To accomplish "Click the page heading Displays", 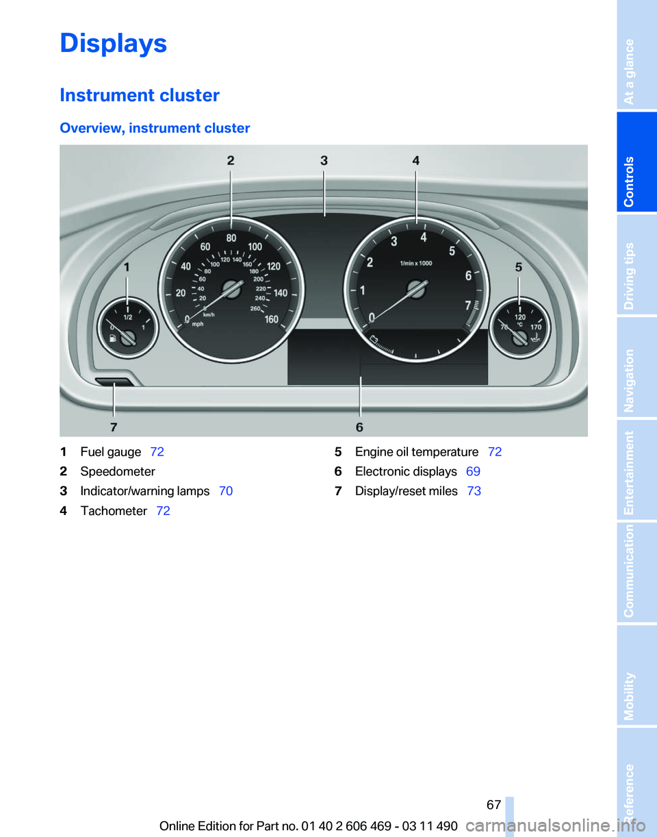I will pos(114,43).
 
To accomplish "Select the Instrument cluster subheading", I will pos(140,95).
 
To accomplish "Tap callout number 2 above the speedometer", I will pos(231,160).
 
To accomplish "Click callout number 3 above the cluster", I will pos(324,160).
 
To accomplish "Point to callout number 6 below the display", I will pos(359,427).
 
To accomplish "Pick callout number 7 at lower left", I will pos(114,427).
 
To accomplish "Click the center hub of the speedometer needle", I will pos(232,290).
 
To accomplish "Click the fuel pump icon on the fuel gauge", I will pos(112,338).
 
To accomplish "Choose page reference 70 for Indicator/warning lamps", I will pos(227,491).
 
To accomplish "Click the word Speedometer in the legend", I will pos(118,471).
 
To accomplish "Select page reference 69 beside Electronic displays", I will pos(473,471).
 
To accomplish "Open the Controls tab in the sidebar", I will pos(636,163).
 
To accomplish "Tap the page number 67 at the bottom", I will pos(493,805).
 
